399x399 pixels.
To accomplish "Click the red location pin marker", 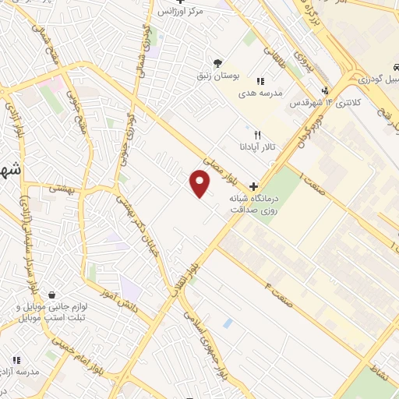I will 200,184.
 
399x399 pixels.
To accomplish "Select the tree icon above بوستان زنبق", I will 217,63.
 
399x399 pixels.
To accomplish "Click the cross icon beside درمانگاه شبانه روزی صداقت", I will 254,186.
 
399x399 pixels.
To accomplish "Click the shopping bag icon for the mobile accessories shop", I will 51,296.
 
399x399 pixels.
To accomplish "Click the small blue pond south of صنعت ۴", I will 227,323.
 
